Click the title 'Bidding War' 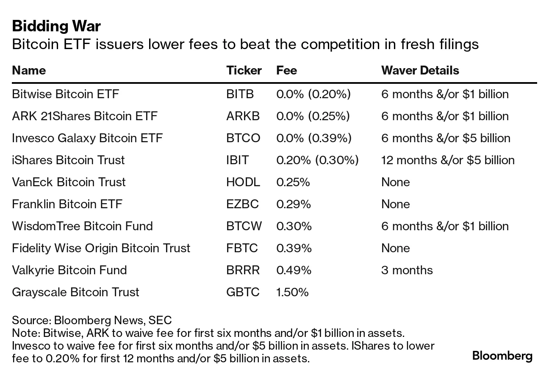(x=56, y=26)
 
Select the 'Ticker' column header (x=244, y=70)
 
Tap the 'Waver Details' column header (x=420, y=70)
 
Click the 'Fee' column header (x=286, y=70)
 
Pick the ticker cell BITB (x=240, y=94)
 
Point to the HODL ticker (x=243, y=182)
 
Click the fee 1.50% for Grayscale (x=292, y=292)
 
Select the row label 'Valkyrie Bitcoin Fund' (x=69, y=270)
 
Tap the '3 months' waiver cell (x=407, y=270)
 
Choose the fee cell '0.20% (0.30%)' (x=317, y=160)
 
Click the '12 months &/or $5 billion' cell (x=448, y=160)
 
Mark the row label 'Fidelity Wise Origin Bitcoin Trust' (x=101, y=248)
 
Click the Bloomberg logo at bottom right (x=502, y=356)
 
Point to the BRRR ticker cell (x=243, y=270)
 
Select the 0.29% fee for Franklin (x=293, y=204)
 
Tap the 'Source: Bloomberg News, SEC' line (x=91, y=320)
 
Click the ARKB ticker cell (x=243, y=116)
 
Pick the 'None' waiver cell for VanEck (x=395, y=182)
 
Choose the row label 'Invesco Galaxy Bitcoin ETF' (x=87, y=138)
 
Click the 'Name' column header (x=29, y=70)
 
